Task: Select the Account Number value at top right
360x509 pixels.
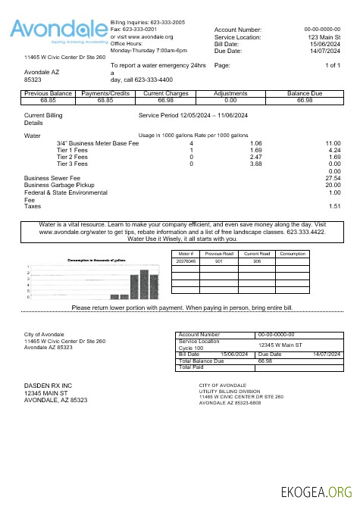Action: click(x=322, y=30)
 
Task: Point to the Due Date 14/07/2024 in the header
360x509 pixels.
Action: click(x=324, y=51)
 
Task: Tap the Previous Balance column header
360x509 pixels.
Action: click(x=48, y=93)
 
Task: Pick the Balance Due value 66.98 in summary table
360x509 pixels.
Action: click(x=305, y=100)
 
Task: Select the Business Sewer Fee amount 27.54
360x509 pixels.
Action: click(x=333, y=178)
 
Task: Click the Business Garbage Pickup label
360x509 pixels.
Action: click(x=59, y=185)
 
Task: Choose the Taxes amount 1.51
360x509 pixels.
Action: click(x=334, y=206)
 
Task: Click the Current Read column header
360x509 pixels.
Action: click(x=257, y=254)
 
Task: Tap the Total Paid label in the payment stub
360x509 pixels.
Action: click(x=193, y=368)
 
